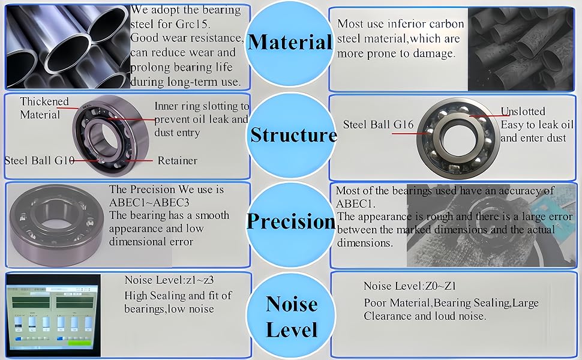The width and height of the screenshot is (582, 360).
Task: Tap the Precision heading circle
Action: (291, 222)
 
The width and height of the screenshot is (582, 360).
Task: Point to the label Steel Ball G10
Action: (40, 160)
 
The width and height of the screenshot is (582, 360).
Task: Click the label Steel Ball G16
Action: (378, 124)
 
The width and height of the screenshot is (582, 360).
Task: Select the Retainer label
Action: (177, 161)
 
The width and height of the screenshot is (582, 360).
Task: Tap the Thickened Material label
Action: (44, 107)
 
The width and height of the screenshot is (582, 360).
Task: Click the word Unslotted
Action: (523, 112)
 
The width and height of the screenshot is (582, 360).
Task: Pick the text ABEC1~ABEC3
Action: (149, 203)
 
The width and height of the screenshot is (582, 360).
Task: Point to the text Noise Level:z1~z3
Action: (169, 280)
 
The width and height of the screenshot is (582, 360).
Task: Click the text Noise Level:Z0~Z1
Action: (410, 286)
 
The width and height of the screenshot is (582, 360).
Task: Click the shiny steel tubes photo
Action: (68, 47)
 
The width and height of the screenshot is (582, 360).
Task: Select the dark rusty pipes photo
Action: (521, 49)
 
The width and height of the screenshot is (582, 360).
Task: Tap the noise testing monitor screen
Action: (53, 316)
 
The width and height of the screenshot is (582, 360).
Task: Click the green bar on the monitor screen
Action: (79, 343)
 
